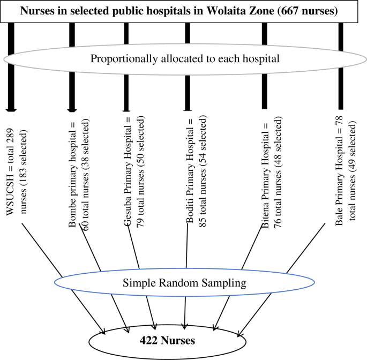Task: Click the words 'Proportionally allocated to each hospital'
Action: tap(185, 58)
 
